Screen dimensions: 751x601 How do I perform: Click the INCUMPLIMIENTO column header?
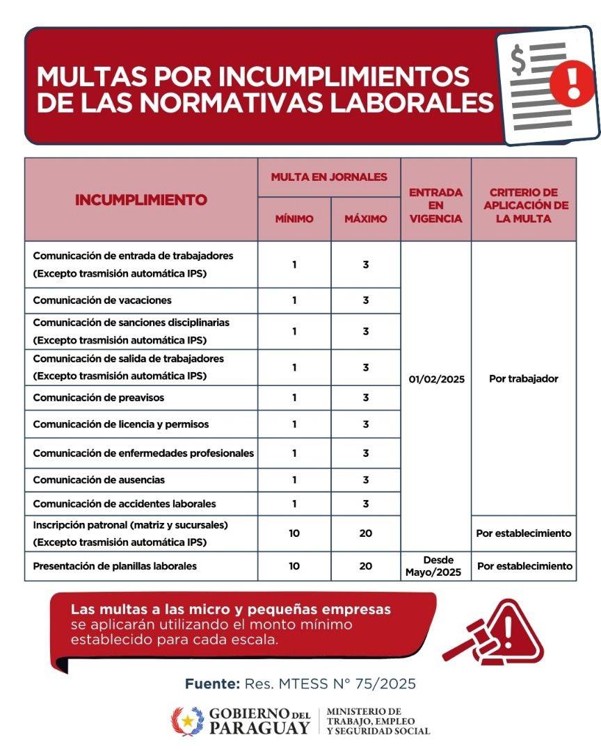pyautogui.click(x=141, y=200)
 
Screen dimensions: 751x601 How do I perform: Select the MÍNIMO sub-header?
pyautogui.click(x=294, y=218)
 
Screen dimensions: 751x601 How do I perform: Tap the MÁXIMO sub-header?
pyautogui.click(x=366, y=218)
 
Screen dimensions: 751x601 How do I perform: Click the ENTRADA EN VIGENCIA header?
pyautogui.click(x=436, y=205)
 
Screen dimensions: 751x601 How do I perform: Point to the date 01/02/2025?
pyautogui.click(x=436, y=380)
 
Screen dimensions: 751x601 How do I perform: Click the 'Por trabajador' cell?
pyautogui.click(x=524, y=379)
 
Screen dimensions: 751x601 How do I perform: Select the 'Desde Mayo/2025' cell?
pyautogui.click(x=436, y=566)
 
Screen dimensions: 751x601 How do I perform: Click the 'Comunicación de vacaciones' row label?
pyautogui.click(x=102, y=300)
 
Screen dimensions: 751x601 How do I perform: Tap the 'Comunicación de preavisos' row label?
pyautogui.click(x=99, y=398)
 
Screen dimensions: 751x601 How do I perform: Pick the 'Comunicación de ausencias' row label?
pyautogui.click(x=99, y=480)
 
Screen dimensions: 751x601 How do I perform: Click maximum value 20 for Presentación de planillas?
pyautogui.click(x=366, y=566)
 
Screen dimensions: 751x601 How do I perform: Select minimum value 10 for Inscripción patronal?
pyautogui.click(x=294, y=533)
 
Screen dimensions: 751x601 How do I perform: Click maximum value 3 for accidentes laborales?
pyautogui.click(x=366, y=503)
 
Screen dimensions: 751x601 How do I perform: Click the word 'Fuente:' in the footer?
pyautogui.click(x=212, y=684)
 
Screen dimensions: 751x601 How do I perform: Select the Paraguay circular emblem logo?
pyautogui.click(x=188, y=722)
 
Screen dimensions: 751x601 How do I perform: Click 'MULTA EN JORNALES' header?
pyautogui.click(x=329, y=177)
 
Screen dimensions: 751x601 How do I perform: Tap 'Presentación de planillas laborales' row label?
pyautogui.click(x=115, y=566)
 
